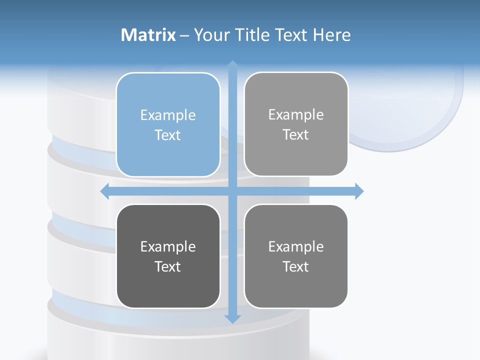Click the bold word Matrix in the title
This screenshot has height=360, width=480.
tap(148, 34)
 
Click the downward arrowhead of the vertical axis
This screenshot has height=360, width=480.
tap(232, 318)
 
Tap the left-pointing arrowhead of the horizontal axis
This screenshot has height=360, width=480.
tap(105, 191)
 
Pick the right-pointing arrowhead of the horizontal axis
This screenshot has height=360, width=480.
tap(359, 191)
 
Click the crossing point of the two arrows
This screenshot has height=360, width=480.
tap(232, 191)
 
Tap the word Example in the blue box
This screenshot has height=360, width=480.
tap(168, 115)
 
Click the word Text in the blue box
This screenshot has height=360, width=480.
tap(168, 135)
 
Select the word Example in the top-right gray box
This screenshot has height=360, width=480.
tap(296, 114)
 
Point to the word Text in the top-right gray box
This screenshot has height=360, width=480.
tap(296, 134)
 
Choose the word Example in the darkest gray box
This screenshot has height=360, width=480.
tap(168, 246)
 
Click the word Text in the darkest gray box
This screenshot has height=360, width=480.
tap(168, 266)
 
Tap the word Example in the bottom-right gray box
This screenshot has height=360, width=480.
tap(296, 246)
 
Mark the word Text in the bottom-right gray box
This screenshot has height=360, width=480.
tap(296, 266)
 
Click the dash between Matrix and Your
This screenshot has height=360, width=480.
tap(184, 35)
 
